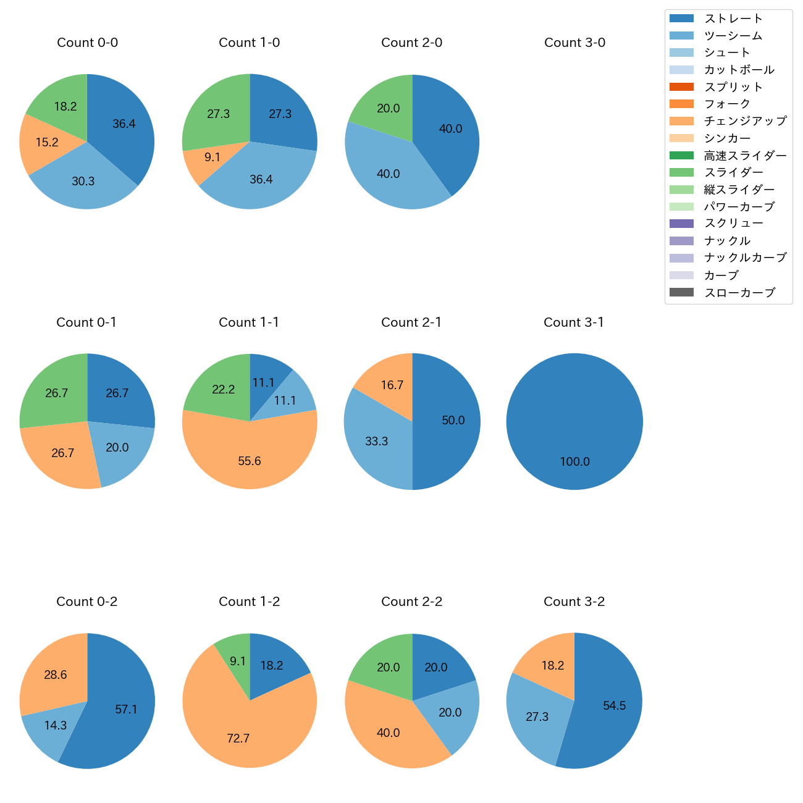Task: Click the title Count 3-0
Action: pyautogui.click(x=574, y=43)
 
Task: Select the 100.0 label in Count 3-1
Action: pyautogui.click(x=574, y=461)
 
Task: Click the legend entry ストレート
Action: pyautogui.click(x=733, y=19)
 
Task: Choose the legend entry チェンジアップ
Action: pyautogui.click(x=745, y=121)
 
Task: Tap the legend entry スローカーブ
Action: pyautogui.click(x=739, y=293)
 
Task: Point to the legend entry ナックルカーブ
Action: pyautogui.click(x=745, y=258)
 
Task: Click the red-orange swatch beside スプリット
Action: pyautogui.click(x=681, y=87)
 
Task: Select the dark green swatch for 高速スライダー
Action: pyautogui.click(x=681, y=156)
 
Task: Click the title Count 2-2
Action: pyautogui.click(x=412, y=602)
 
